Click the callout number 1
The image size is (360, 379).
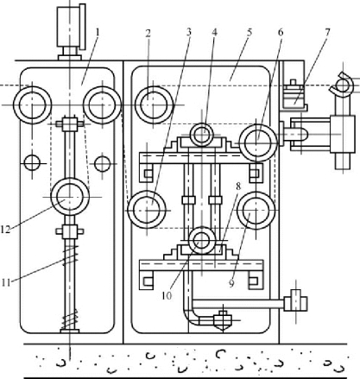tap(98, 32)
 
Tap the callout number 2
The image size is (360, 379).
tap(148, 34)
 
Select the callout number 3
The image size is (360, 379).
tap(189, 32)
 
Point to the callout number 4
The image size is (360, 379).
tap(214, 32)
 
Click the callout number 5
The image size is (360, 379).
tap(249, 32)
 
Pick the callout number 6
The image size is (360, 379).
tap(281, 32)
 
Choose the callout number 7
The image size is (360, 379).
tap(327, 32)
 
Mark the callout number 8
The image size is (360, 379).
tap(238, 186)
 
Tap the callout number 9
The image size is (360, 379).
tap(231, 283)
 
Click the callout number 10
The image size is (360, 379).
tap(167, 295)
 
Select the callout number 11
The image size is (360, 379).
tap(6, 282)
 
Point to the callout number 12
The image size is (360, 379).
tap(5, 230)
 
